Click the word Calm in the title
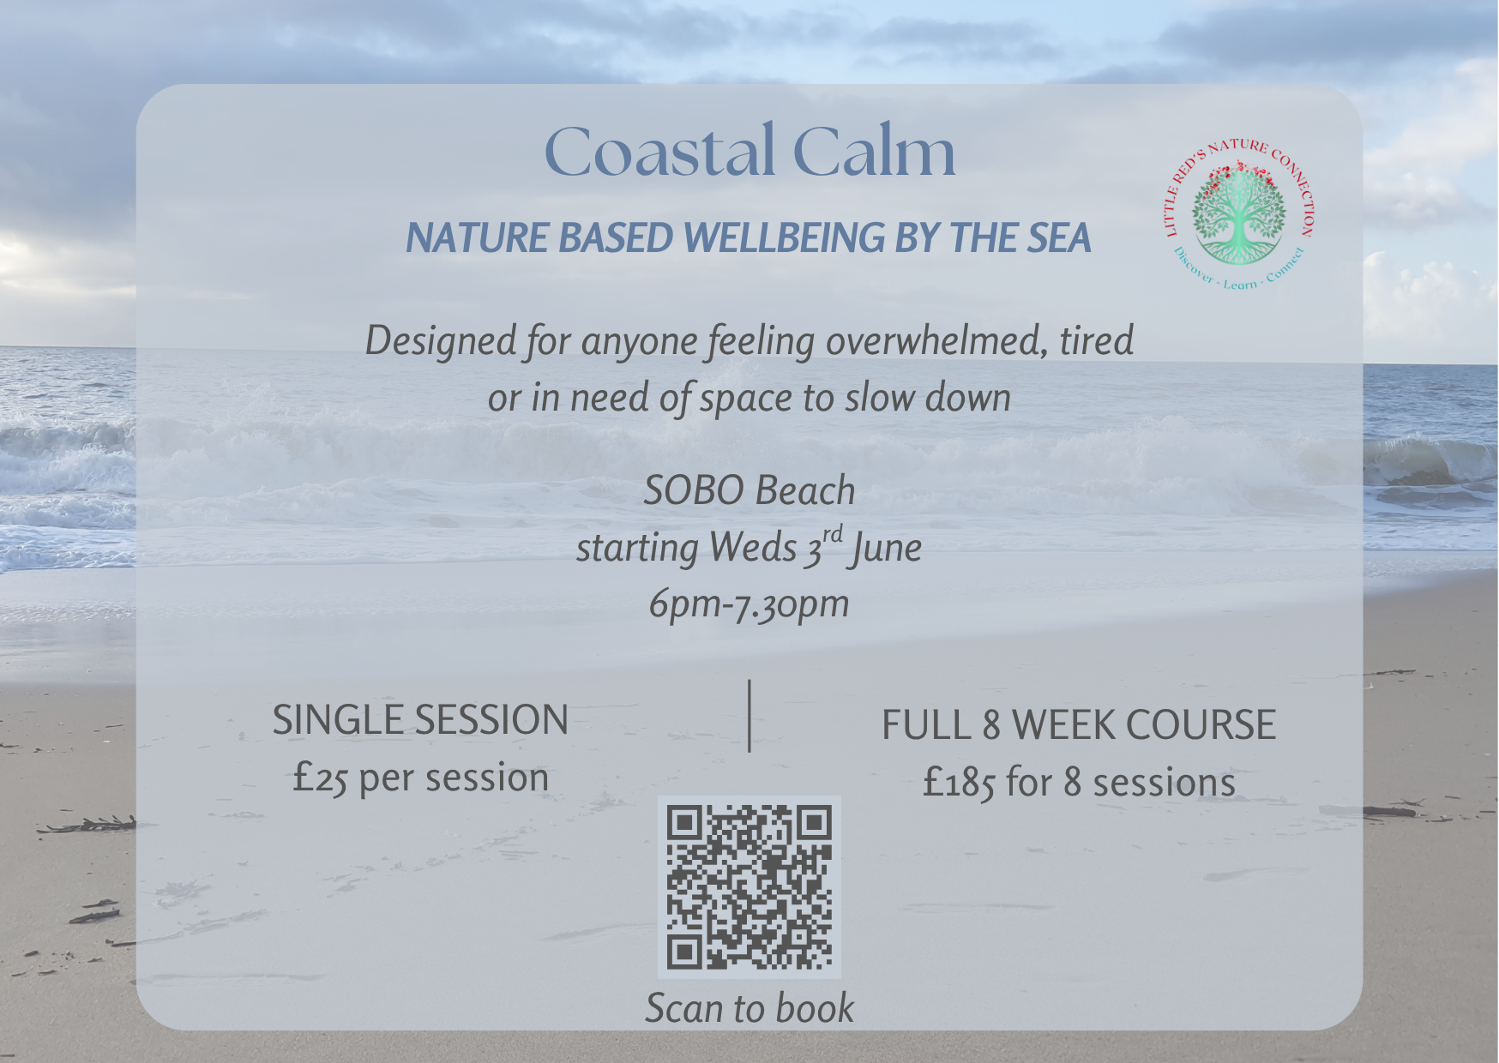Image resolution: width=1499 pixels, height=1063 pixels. [x=874, y=151]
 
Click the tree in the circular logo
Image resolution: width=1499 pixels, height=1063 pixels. [x=1239, y=214]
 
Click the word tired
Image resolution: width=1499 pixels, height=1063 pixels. [x=1097, y=340]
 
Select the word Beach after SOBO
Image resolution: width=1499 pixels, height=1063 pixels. [x=805, y=490]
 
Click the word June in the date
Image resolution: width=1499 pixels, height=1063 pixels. [x=886, y=548]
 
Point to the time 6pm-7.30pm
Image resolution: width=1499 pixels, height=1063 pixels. [x=749, y=604]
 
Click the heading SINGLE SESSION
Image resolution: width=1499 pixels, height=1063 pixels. [x=420, y=720]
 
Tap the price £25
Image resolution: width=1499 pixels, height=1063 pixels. [x=320, y=778]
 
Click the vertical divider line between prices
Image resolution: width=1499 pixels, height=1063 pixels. [x=749, y=716]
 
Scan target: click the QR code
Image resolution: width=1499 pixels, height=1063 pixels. [x=749, y=887]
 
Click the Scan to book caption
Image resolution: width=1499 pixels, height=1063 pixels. [x=749, y=1007]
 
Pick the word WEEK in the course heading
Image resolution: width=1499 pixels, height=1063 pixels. [x=1063, y=725]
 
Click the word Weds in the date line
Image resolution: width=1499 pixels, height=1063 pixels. [x=754, y=548]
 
